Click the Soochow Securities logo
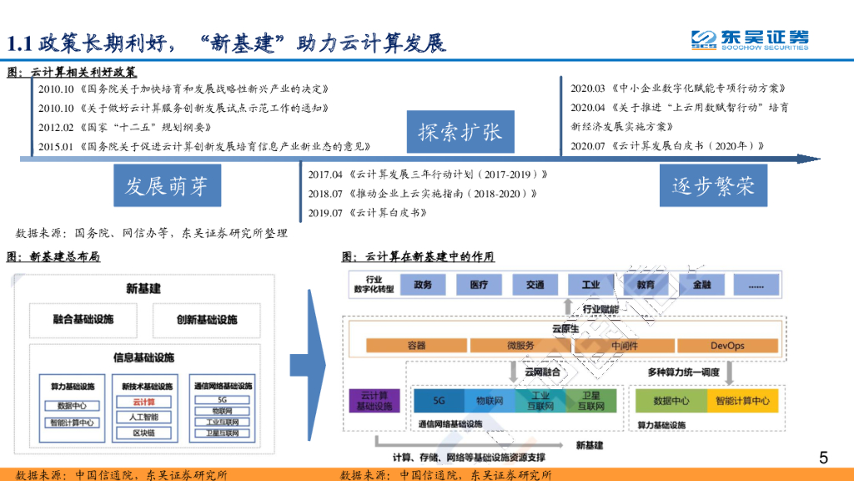[x=749, y=39]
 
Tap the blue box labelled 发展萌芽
[x=167, y=185]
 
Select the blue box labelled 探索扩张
[x=460, y=131]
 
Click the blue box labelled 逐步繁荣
[x=713, y=185]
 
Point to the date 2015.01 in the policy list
[x=57, y=146]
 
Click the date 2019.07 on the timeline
[x=325, y=213]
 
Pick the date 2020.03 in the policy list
[x=588, y=88]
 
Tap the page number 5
[x=823, y=457]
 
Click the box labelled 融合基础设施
[x=83, y=320]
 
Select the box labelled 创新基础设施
[x=207, y=320]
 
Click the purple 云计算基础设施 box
[x=374, y=400]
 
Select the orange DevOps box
[x=727, y=346]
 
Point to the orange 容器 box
[x=417, y=346]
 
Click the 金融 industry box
[x=702, y=285]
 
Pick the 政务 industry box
[x=423, y=285]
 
